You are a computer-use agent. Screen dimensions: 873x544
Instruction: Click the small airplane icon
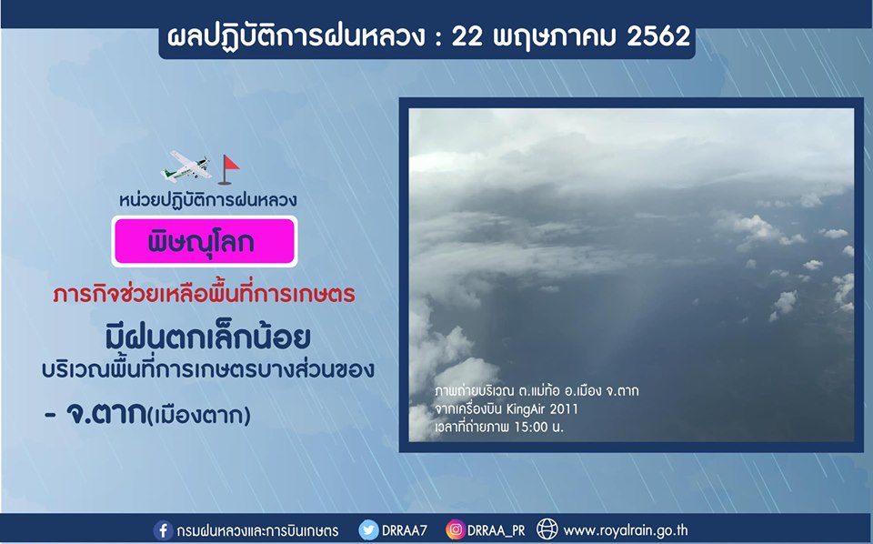pos(186,166)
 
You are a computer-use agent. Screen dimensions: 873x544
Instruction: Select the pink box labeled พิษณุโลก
pos(205,241)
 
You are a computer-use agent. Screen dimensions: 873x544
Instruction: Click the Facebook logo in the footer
pos(163,530)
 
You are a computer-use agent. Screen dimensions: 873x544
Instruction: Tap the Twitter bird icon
pos(368,530)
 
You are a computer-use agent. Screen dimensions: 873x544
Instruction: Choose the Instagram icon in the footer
pos(455,529)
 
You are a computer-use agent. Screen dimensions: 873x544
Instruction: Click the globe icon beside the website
pos(547,529)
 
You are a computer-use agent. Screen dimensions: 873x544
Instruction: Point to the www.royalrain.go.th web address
pos(626,530)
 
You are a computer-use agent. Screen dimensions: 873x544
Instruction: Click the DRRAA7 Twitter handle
pos(405,530)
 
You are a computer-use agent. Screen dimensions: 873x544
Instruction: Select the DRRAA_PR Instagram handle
pos(497,530)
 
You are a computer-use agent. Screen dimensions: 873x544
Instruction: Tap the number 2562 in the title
pos(658,36)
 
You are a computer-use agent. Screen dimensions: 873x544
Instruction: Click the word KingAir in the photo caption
pos(526,409)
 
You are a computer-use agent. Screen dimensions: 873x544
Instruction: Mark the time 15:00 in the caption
pos(531,428)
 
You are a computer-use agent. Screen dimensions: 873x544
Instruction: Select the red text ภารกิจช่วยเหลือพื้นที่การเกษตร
pos(205,294)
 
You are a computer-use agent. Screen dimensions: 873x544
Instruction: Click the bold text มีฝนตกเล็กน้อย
pos(207,337)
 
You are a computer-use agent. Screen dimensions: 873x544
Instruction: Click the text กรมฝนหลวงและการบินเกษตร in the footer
pos(257,530)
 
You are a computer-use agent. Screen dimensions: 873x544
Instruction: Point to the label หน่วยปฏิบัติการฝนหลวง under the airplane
pos(207,199)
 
